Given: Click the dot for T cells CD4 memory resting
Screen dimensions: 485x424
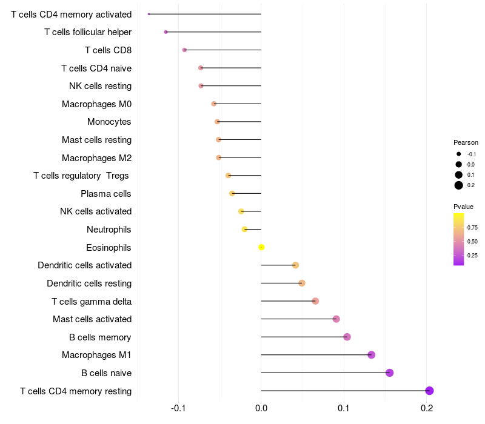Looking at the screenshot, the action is click(x=429, y=391).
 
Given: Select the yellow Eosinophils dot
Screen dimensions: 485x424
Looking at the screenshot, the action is click(x=261, y=247).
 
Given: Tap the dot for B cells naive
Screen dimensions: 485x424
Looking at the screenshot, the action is click(x=389, y=373).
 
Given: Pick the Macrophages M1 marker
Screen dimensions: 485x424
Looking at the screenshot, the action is click(x=372, y=355).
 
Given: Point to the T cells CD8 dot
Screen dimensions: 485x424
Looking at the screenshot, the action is click(x=184, y=50).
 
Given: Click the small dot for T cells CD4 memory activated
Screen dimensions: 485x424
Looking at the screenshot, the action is click(x=149, y=14).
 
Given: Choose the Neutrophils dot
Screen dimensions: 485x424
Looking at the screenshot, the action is click(x=244, y=230).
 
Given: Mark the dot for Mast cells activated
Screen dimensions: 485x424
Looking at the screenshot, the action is click(x=336, y=319).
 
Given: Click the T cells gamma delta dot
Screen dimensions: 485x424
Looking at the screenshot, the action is click(x=315, y=301).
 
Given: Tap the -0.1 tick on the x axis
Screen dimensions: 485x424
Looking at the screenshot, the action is click(x=178, y=408).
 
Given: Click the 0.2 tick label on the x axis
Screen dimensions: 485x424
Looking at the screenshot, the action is click(x=427, y=408).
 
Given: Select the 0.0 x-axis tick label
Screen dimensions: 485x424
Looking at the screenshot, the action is click(x=261, y=408).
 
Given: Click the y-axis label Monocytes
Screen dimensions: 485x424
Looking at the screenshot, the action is click(x=109, y=122).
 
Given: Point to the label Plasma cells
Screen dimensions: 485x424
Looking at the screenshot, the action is click(x=105, y=194).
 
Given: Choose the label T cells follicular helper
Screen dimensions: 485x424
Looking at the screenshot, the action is click(x=88, y=32).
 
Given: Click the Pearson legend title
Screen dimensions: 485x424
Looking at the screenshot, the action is click(x=466, y=142).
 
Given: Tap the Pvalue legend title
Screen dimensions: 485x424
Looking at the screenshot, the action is click(x=463, y=207).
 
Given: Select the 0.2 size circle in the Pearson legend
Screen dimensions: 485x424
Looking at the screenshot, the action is click(x=459, y=185).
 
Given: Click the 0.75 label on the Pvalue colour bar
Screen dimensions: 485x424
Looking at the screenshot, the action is click(x=472, y=228).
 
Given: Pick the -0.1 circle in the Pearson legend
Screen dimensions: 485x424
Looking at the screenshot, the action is click(x=459, y=154).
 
